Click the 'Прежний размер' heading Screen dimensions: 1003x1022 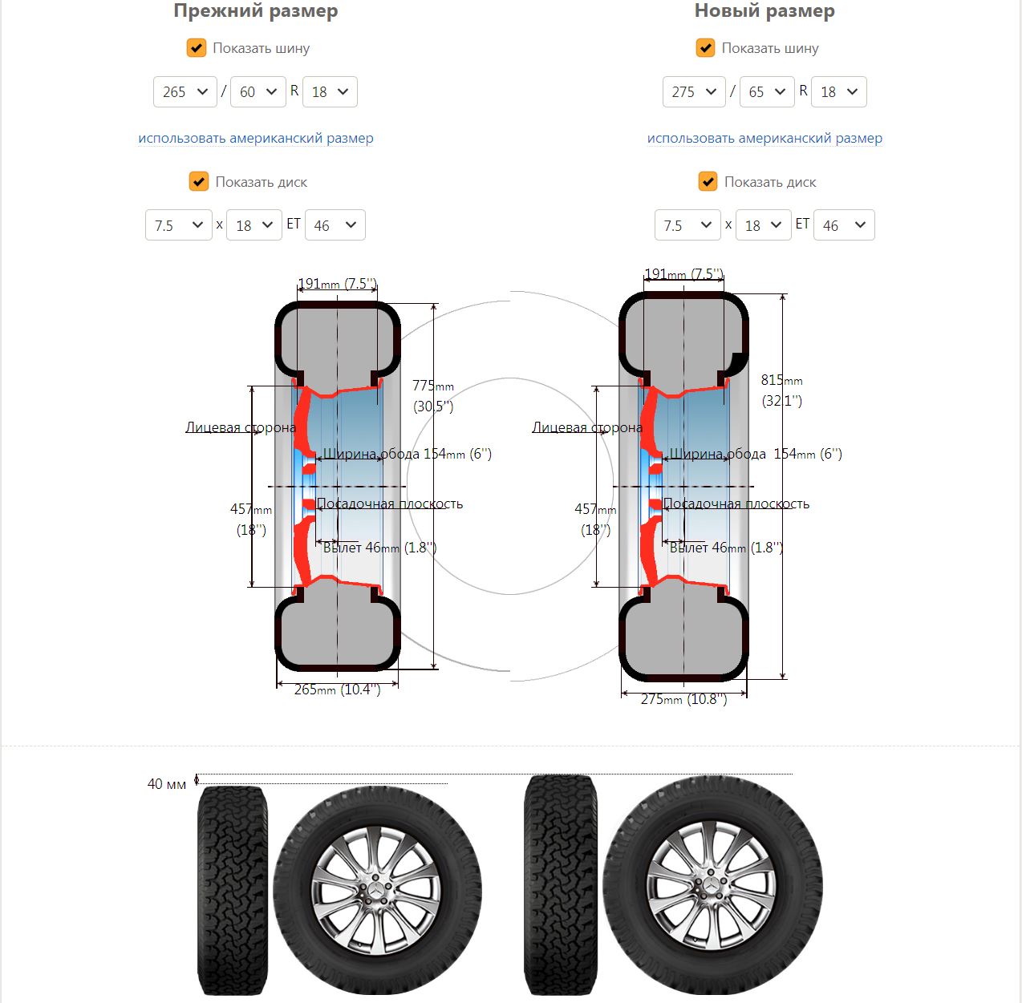pos(255,11)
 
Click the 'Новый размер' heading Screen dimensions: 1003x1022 pos(764,11)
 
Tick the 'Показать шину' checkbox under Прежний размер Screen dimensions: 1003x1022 pos(197,48)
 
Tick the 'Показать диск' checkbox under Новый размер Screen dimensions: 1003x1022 pos(708,182)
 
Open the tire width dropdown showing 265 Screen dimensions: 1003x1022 pos(185,92)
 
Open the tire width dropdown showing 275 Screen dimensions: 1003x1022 pos(694,92)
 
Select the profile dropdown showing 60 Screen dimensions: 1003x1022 pos(258,92)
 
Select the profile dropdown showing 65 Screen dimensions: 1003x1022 pos(767,92)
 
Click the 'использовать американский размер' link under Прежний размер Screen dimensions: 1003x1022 pos(255,138)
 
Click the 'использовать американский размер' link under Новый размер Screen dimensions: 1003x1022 pos(764,138)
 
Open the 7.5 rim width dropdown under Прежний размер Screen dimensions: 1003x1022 pos(178,225)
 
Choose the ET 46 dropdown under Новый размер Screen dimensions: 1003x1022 pos(844,225)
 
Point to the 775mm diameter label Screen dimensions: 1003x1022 pos(433,386)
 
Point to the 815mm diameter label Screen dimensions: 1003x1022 pos(781,381)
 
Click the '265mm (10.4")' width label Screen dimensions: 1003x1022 pos(337,690)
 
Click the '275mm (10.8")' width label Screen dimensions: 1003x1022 pos(683,699)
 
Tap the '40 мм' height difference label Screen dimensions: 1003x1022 pos(167,784)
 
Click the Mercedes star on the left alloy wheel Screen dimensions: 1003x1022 pos(377,890)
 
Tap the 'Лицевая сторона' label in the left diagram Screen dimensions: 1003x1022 pos(240,427)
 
